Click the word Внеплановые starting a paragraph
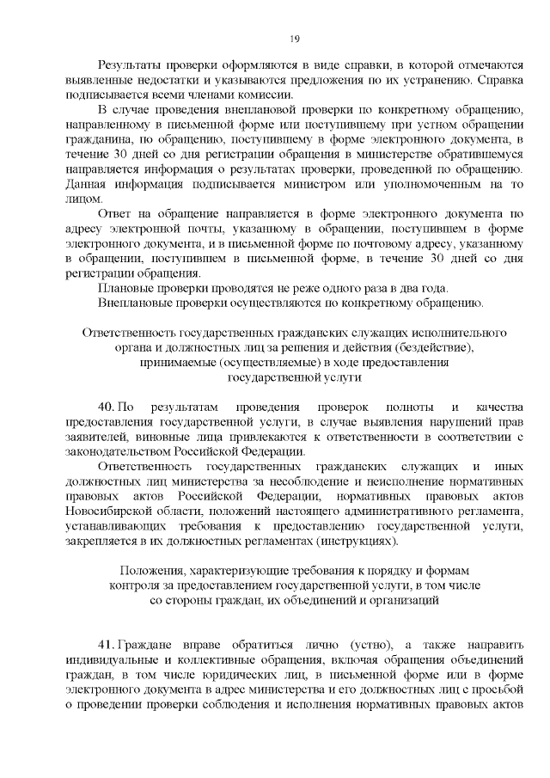[x=137, y=303]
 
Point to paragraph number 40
[x=107, y=405]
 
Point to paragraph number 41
[x=107, y=646]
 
